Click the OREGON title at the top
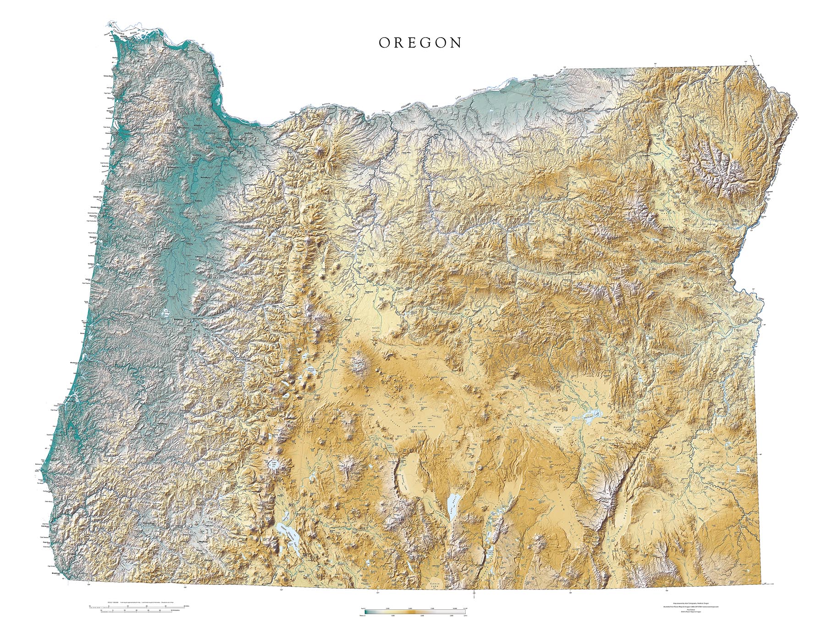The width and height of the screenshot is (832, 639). tap(420, 43)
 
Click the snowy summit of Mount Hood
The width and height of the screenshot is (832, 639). tap(319, 150)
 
